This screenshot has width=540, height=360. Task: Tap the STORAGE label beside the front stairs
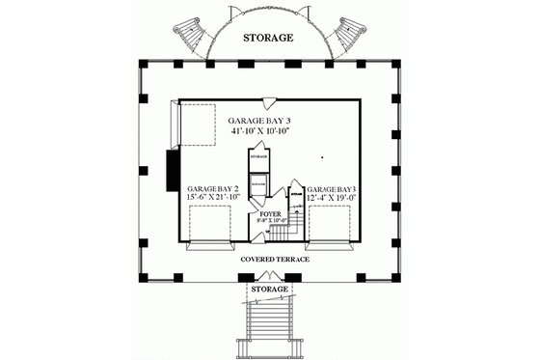[x=269, y=289]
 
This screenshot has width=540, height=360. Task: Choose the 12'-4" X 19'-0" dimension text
[x=330, y=198]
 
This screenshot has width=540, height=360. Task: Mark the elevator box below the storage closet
[x=258, y=185]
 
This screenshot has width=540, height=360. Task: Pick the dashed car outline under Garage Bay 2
[x=209, y=228]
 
